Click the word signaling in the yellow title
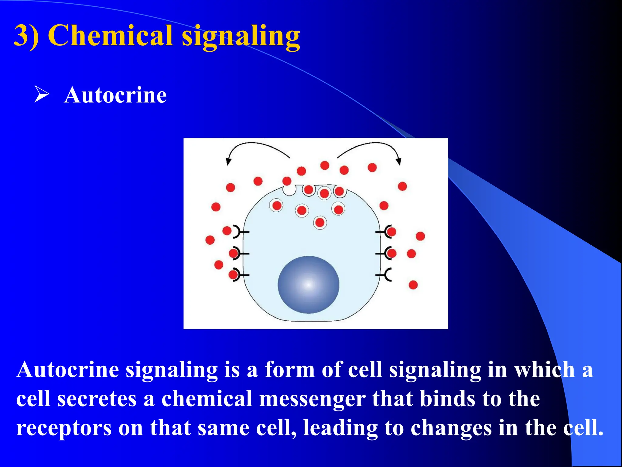pyautogui.click(x=241, y=36)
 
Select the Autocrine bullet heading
pyautogui.click(x=115, y=95)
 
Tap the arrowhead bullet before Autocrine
pyautogui.click(x=41, y=94)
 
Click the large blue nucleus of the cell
pyautogui.click(x=308, y=285)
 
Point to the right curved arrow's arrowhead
pyautogui.click(x=399, y=161)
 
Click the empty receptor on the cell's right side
pyautogui.click(x=386, y=275)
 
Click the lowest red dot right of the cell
pyautogui.click(x=413, y=285)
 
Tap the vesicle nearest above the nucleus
pyautogui.click(x=320, y=223)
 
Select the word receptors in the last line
pyautogui.click(x=64, y=428)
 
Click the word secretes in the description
pyautogui.click(x=97, y=399)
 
